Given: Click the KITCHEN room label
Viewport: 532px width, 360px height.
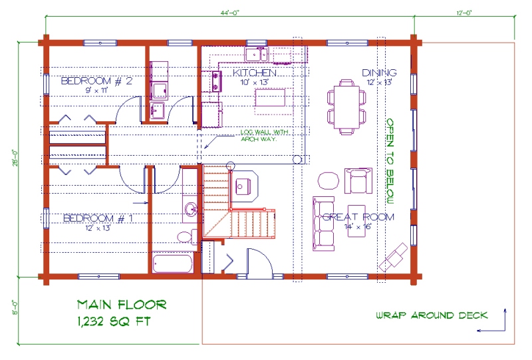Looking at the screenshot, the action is pos(255,73).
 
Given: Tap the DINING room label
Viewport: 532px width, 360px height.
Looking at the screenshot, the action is pos(379,73).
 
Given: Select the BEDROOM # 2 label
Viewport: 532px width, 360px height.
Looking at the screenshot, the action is pos(96,81).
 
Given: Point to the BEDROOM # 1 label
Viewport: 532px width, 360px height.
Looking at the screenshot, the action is pos(98,218).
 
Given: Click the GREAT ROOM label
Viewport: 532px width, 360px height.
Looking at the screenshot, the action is pos(358,217).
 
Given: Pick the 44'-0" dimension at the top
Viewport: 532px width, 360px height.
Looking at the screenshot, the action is pos(229,13).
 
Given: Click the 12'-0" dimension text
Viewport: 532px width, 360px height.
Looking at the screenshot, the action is pos(464,13).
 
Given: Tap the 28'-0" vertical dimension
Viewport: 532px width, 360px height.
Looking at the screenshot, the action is pos(15,158).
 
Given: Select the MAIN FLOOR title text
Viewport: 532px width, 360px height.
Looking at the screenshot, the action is pos(122,305).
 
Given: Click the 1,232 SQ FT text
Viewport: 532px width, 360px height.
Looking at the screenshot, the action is pos(114,321).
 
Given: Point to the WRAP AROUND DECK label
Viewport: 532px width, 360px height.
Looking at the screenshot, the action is pos(432,315).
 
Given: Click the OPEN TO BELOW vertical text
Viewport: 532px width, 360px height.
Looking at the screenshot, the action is pos(390,161).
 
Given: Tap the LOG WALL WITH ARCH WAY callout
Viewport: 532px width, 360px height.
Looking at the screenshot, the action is pos(264,136).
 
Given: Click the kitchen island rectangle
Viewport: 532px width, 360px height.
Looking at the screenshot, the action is pos(270,97).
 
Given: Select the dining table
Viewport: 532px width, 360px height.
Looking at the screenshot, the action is pos(346,107).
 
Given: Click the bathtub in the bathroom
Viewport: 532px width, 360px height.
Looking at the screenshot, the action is pos(173,264).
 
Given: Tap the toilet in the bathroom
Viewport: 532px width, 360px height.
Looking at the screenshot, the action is pos(188,237).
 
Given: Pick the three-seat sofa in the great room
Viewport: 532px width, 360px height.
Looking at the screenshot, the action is pos(323,224).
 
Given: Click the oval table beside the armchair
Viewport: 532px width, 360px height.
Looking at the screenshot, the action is pos(329,180).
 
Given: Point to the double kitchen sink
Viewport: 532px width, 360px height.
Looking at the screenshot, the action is pos(256,55).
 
